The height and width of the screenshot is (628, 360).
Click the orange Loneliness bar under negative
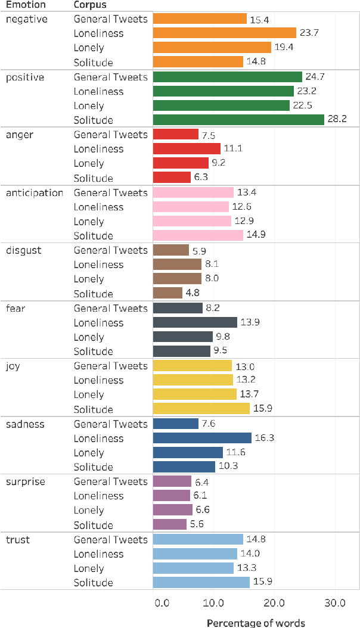click(225, 33)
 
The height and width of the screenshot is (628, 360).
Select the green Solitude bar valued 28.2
click(238, 120)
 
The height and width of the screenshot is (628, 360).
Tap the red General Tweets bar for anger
click(176, 135)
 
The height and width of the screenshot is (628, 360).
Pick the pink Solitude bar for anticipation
click(198, 235)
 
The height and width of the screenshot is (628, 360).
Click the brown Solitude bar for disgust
click(167, 293)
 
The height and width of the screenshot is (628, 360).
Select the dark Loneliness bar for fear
click(195, 322)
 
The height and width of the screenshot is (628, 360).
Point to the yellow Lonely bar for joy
click(194, 394)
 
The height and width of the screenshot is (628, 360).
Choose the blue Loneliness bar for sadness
click(202, 438)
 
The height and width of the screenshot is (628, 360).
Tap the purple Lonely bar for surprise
click(173, 510)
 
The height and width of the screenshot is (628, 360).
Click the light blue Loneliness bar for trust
click(195, 554)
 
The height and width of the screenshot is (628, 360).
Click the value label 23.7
click(309, 33)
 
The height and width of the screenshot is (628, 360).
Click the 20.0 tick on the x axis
click(274, 602)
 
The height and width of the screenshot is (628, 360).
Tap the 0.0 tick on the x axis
click(162, 602)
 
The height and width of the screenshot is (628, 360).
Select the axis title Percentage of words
click(256, 623)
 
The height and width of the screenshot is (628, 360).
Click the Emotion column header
click(26, 5)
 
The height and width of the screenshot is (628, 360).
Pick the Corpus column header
click(90, 5)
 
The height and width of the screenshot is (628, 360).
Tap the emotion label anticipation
click(35, 192)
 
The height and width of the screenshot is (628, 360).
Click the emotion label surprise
click(25, 481)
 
